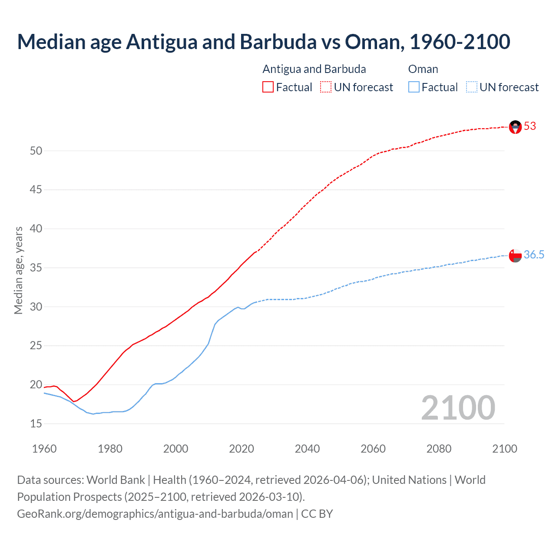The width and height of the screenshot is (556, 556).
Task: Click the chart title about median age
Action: pos(263,42)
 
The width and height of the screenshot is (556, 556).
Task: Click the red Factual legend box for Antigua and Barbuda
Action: pos(268,87)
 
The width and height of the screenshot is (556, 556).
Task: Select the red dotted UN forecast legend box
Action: pos(326,87)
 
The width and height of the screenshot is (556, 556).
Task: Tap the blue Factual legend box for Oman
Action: pos(414,87)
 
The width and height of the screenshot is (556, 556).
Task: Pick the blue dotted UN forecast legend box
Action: pos(471,87)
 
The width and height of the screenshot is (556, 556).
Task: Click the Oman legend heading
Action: pos(423,69)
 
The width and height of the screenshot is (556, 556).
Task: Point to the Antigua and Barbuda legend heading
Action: pos(314,69)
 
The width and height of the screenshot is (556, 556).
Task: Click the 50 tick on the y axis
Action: pos(36,151)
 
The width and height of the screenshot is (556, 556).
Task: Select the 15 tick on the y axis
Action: pos(36,424)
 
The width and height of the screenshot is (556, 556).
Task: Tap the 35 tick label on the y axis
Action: pos(36,268)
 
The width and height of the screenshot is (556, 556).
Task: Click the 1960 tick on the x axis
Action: pos(44,449)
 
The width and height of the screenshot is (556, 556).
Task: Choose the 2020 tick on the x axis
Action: pos(242,449)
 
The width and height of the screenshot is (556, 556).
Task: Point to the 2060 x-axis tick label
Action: pos(373,449)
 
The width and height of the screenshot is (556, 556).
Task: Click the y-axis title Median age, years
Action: pos(18,270)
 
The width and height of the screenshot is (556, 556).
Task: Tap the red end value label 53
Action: pos(530,126)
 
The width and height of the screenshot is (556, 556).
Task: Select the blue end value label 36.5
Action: pos(534,255)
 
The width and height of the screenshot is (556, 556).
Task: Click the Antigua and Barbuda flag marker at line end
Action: pos(515,127)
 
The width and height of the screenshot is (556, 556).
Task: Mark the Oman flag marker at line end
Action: pos(515,256)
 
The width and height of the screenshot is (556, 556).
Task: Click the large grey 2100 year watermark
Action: pos(458,408)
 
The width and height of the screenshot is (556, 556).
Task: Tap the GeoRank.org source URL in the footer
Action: pos(155,514)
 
